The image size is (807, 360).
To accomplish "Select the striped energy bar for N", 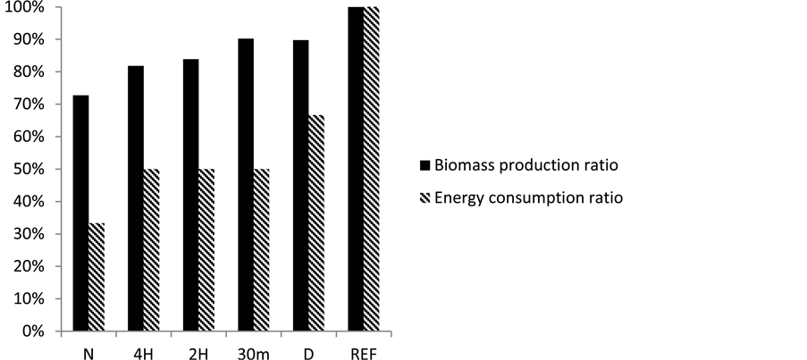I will coord(97,277).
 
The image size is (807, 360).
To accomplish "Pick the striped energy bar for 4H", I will coord(152,250).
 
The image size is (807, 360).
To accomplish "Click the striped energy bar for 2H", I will coord(206,250).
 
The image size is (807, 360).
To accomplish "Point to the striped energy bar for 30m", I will coord(262,250).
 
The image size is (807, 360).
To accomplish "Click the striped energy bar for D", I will coord(316,223).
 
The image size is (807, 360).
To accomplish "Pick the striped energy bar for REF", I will coord(372,169).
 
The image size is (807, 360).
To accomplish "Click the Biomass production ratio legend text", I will coord(527,166).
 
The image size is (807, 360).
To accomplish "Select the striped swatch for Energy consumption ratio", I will coord(424,197).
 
